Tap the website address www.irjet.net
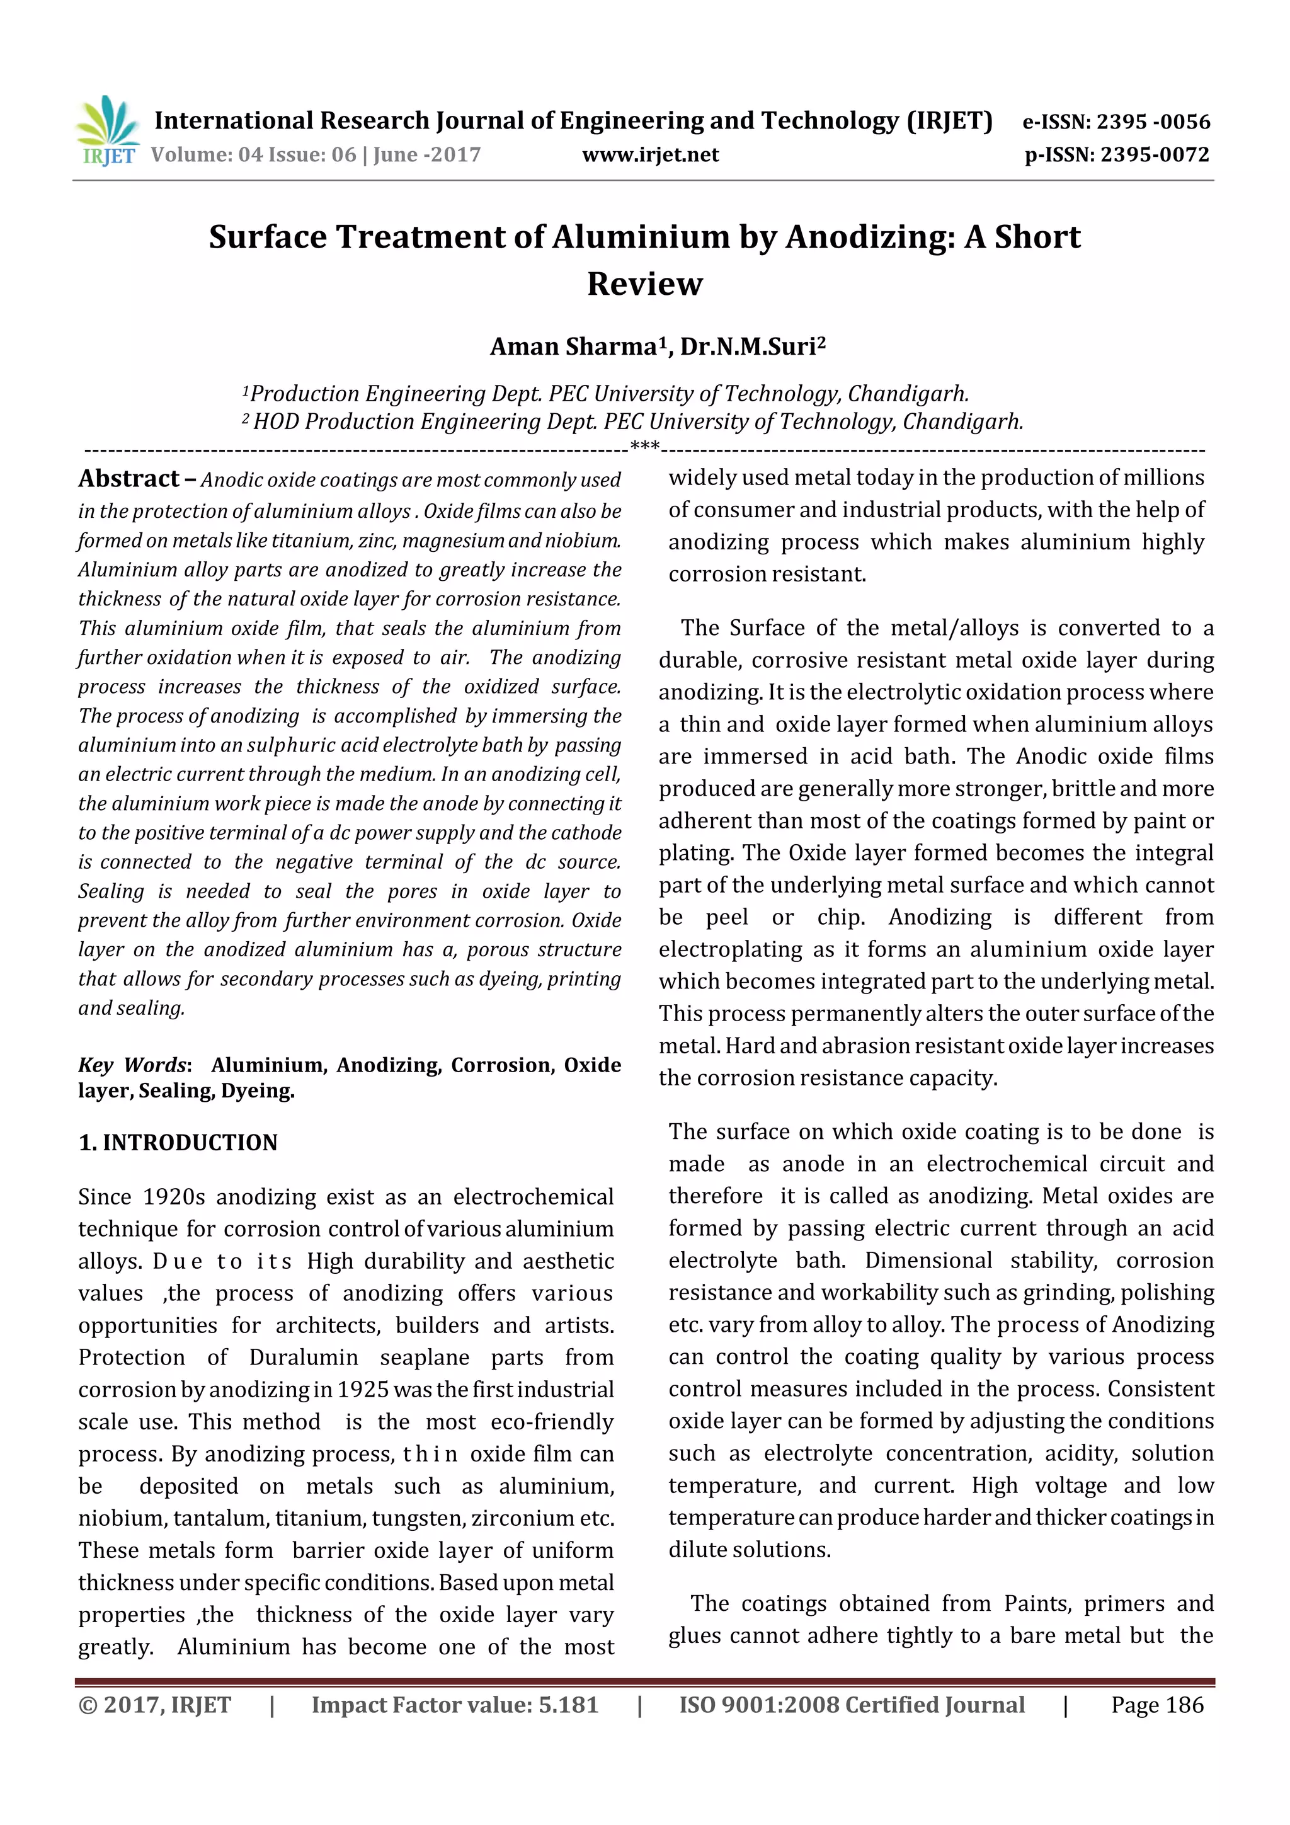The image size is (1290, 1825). pyautogui.click(x=650, y=155)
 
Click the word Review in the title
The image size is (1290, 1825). pyautogui.click(x=644, y=283)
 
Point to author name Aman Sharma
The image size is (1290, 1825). pyautogui.click(x=573, y=347)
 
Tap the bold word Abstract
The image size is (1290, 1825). pyautogui.click(x=128, y=479)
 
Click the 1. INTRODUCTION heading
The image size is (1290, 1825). pyautogui.click(x=178, y=1142)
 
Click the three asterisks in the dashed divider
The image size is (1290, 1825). pyautogui.click(x=644, y=447)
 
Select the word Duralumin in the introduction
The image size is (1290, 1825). pyautogui.click(x=304, y=1357)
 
